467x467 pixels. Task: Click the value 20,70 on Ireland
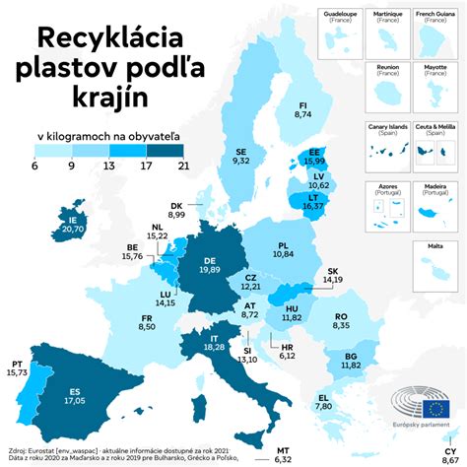coord(72,228)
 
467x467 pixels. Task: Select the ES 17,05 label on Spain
coord(75,396)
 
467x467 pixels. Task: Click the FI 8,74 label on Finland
coord(302,109)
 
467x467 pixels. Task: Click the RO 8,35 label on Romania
coord(341,320)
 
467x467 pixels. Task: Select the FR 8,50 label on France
coord(147,322)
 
